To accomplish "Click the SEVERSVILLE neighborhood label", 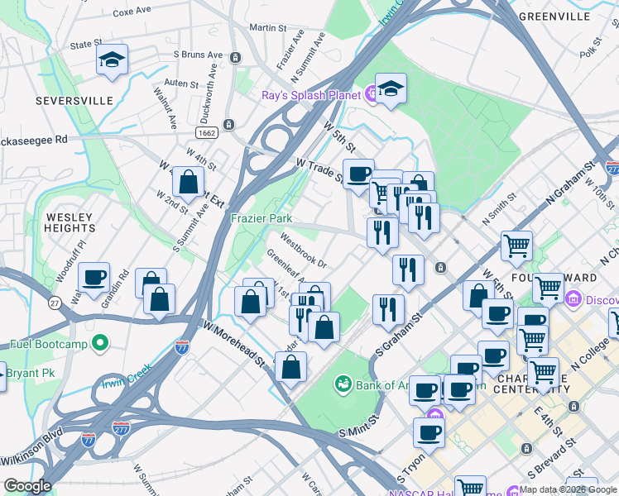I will click(x=74, y=100).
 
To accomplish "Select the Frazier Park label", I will click(x=262, y=218).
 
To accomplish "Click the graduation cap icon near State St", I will click(x=112, y=60).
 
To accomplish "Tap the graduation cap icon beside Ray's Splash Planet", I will click(x=391, y=89).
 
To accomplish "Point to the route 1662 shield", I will click(x=208, y=132).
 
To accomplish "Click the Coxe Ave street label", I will click(x=133, y=12).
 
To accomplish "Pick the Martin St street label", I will click(x=267, y=27).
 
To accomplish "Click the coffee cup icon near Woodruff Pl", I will click(x=94, y=277).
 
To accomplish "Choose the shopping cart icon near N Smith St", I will click(x=517, y=245).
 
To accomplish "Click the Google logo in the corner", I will click(x=26, y=486).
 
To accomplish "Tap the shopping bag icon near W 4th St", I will click(x=189, y=181).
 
